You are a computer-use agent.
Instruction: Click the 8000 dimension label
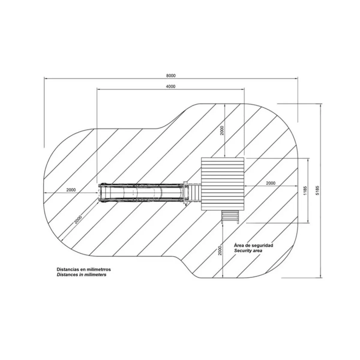tap(171, 76)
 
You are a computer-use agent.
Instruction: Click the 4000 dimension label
tap(171, 86)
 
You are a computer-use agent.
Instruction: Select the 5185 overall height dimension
tap(318, 190)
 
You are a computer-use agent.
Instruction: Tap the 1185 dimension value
tap(305, 190)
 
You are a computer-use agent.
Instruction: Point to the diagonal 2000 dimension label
tap(78, 220)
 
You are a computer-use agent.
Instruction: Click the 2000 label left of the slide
tap(71, 190)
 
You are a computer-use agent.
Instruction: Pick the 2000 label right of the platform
tap(271, 183)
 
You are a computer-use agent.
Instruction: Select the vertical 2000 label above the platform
tap(222, 130)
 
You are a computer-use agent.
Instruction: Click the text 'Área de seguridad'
tap(253, 245)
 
